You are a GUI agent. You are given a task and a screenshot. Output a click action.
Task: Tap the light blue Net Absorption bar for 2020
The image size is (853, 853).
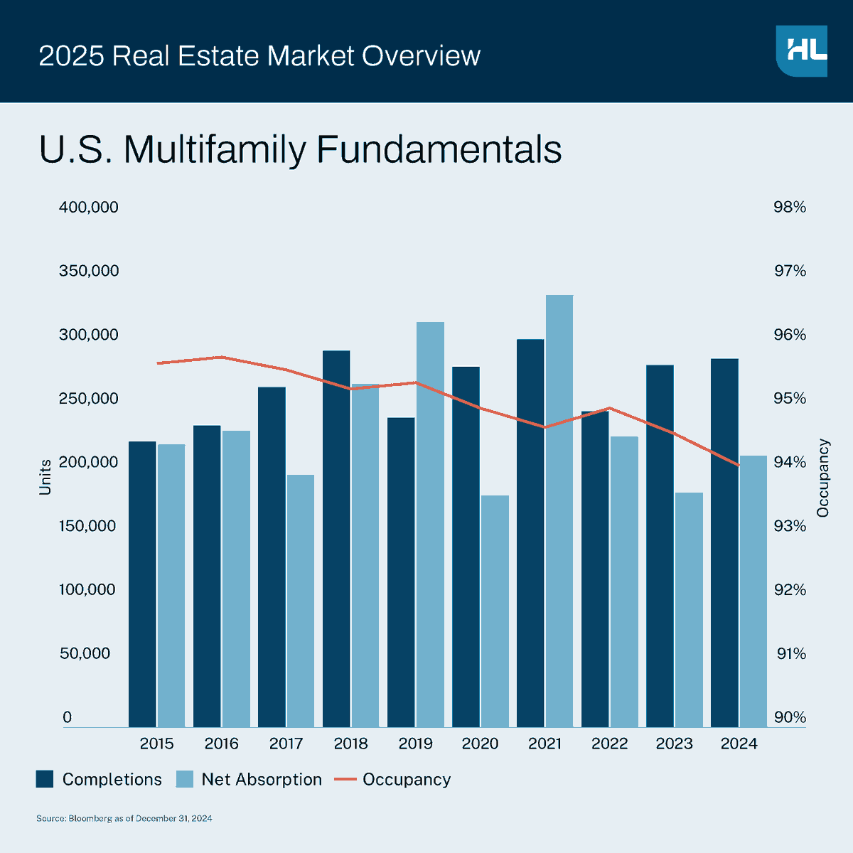coord(495,611)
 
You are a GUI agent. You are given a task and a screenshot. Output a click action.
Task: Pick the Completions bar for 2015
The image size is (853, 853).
coord(142,584)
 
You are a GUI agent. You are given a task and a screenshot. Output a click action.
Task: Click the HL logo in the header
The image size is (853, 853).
coord(802,50)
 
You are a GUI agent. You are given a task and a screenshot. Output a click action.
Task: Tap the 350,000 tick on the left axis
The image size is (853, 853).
coord(88,271)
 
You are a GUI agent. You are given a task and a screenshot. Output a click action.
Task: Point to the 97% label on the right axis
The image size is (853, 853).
coord(790,271)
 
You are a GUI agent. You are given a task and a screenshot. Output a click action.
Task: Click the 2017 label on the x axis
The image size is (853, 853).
coord(286,744)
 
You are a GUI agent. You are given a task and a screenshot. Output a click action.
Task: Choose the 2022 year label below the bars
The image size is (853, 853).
coord(609,744)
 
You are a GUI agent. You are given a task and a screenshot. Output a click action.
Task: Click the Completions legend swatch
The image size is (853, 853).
coord(45,779)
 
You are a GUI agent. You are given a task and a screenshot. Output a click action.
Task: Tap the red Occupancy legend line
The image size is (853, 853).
coord(345,779)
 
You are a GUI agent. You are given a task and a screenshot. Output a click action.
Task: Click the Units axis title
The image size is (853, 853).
coord(45,477)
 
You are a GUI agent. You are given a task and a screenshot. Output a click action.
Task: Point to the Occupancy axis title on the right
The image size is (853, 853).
coord(823,478)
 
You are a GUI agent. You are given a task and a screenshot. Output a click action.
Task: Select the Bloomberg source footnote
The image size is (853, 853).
coord(124,819)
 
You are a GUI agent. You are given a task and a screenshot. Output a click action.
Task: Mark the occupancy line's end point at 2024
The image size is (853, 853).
coord(739,465)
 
